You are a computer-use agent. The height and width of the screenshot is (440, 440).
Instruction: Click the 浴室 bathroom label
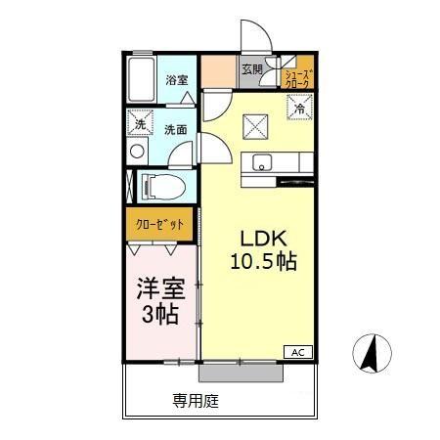176,80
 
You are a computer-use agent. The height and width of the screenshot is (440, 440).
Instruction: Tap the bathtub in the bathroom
142,77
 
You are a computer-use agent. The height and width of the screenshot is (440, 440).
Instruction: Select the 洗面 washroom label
176,128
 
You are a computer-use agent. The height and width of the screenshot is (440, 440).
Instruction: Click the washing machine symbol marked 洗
141,124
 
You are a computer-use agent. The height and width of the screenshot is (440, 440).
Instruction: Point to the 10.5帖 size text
263,262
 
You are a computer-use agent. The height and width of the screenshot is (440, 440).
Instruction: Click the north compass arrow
371,354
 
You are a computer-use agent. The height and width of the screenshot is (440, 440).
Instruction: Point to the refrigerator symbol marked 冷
299,110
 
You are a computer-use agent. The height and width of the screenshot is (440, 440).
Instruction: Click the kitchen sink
262,162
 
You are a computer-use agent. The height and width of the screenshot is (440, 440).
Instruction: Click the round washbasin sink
136,154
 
